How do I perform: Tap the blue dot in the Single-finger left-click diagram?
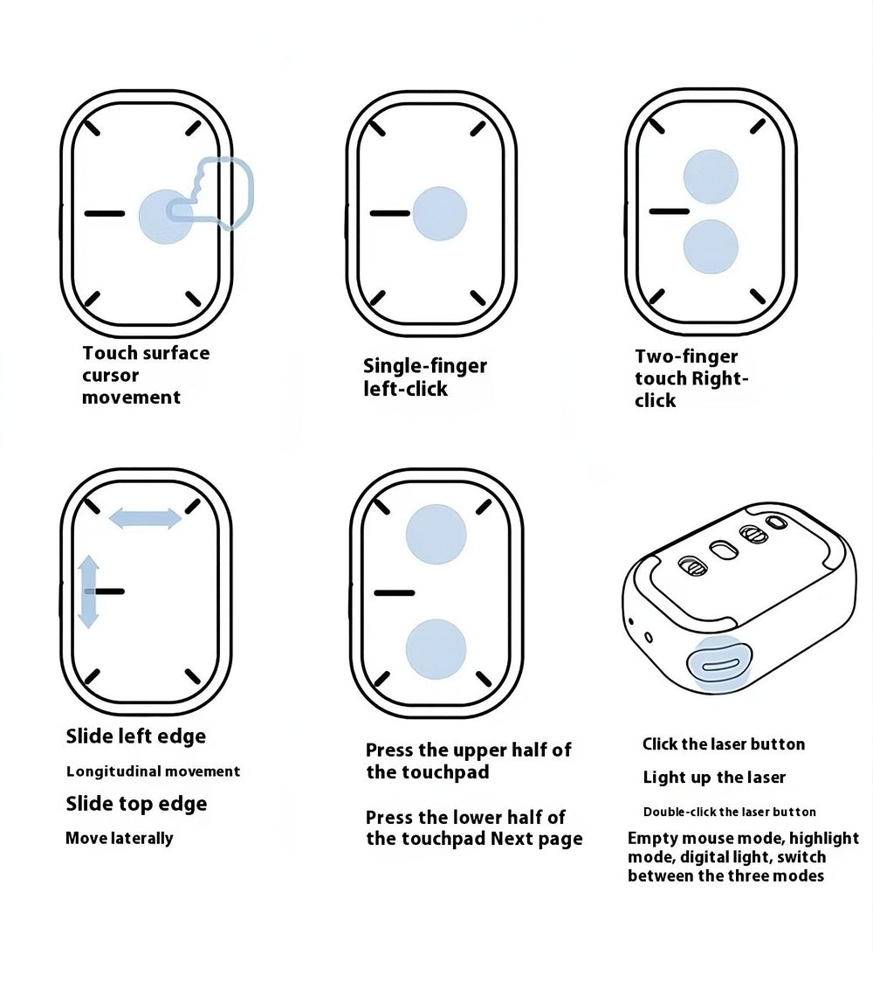pyautogui.click(x=439, y=213)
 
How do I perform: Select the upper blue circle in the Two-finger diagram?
pyautogui.click(x=711, y=176)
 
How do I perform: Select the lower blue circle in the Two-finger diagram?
pyautogui.click(x=711, y=245)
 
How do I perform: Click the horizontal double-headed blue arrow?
pyautogui.click(x=145, y=519)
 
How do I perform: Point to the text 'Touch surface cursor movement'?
pyautogui.click(x=146, y=375)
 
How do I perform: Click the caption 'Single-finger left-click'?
pyautogui.click(x=424, y=377)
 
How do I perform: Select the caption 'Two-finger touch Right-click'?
pyautogui.click(x=691, y=378)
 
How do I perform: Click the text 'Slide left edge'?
pyautogui.click(x=136, y=736)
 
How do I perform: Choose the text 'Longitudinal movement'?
pyautogui.click(x=153, y=771)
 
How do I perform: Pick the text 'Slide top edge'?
pyautogui.click(x=136, y=804)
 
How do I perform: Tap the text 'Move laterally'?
pyautogui.click(x=119, y=839)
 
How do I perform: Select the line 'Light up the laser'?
pyautogui.click(x=714, y=778)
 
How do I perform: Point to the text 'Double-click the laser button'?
pyautogui.click(x=729, y=813)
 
